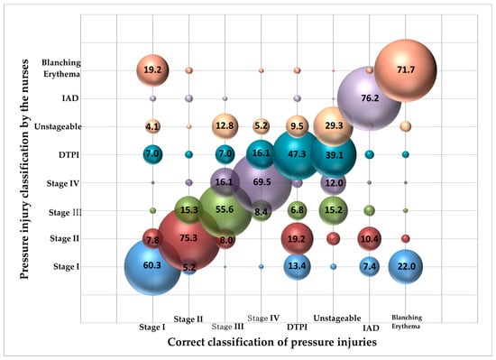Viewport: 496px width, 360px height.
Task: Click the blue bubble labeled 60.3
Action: point(152,266)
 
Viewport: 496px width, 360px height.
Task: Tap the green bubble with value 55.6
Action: point(225,210)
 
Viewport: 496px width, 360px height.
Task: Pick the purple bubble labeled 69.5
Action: point(261,182)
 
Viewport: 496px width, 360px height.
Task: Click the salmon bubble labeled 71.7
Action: point(406,69)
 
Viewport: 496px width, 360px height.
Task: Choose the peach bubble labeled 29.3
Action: point(333,126)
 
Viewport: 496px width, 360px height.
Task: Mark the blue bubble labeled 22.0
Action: point(406,266)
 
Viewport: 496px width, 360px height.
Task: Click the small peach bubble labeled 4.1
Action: point(152,126)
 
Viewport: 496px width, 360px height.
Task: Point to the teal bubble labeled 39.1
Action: point(333,154)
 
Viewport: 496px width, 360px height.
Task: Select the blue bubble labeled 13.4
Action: point(297,266)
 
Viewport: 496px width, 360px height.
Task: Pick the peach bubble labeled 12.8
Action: point(225,126)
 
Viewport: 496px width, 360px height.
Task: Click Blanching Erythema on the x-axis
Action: point(406,321)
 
